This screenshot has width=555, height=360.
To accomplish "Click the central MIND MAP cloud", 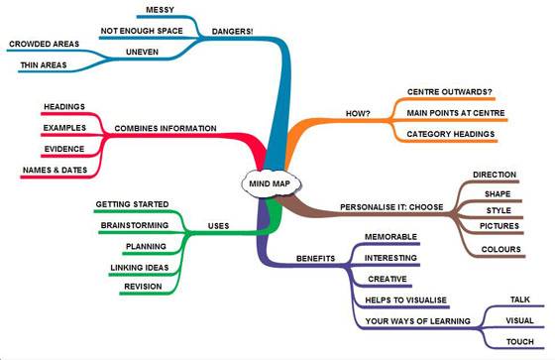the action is point(271,183).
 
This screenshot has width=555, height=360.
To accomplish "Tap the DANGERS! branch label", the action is point(233,31).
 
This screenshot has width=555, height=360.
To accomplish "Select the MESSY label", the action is point(160,10).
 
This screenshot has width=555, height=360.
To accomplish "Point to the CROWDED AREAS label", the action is point(45,44).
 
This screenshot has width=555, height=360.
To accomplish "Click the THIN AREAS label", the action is point(44,65).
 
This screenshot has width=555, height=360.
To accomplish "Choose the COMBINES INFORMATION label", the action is point(166,128).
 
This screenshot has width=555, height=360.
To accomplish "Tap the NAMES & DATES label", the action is point(55,170).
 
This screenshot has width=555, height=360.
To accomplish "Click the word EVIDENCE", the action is point(64,149).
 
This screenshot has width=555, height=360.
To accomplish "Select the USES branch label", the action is point(218,226).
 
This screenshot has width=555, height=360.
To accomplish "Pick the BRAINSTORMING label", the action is point(135,225).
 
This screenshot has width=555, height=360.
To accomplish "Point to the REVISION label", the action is point(143,287).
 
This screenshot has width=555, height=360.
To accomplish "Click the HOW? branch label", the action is point(358,113).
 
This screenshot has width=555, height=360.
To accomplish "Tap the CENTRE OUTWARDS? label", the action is point(450,92).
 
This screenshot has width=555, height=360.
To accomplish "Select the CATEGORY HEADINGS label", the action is point(451,134).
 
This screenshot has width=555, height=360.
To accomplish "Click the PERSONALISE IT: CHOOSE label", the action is point(391,207).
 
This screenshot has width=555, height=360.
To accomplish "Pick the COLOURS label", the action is point(500,250).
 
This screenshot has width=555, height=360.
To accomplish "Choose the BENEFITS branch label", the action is point(315,258).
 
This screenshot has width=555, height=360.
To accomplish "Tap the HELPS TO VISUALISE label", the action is point(405,300).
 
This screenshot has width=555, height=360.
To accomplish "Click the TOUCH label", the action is point(520,342).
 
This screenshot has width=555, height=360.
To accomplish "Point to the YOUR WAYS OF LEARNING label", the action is point(417,321).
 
